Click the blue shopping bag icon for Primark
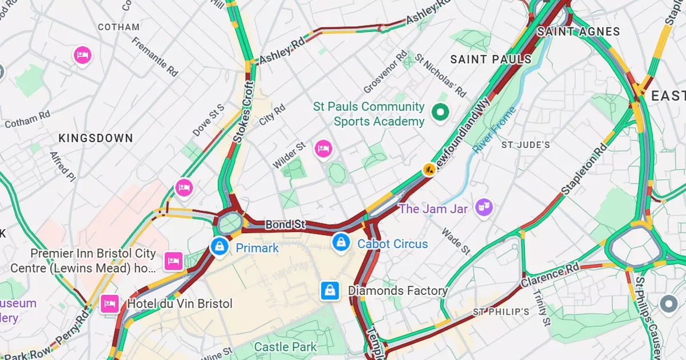[219, 246]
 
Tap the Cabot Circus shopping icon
[341, 242]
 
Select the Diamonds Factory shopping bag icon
[330, 290]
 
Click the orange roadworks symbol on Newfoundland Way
[429, 169]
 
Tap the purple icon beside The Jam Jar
[484, 207]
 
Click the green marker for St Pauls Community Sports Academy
[440, 113]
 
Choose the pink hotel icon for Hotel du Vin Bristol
[109, 303]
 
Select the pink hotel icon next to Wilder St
[324, 149]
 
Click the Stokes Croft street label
[244, 112]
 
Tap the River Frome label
[494, 130]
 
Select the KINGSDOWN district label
[95, 138]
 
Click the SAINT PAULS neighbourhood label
[490, 59]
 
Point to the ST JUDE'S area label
[525, 145]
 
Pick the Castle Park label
[285, 347]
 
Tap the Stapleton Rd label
[584, 169]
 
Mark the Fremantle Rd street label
[155, 57]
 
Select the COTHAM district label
[118, 27]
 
